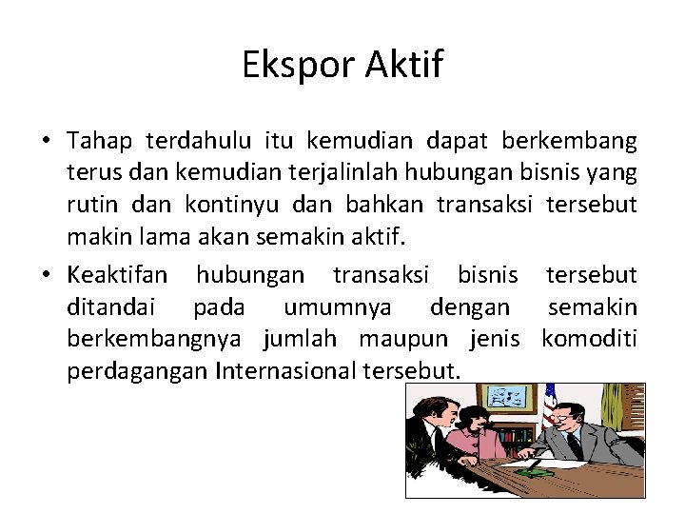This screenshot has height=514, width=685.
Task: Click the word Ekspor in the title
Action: pyautogui.click(x=287, y=66)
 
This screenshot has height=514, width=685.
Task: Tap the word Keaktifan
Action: pyautogui.click(x=117, y=276)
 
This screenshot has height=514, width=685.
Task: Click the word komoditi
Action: pyautogui.click(x=589, y=338)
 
